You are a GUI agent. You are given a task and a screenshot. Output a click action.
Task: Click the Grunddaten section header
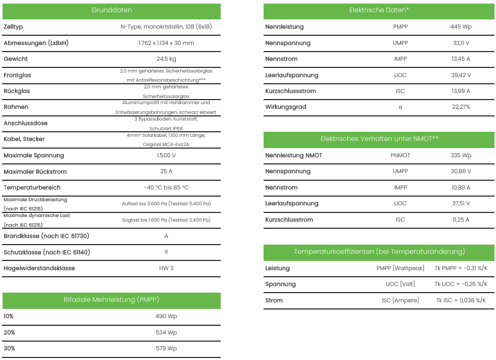point(111,10)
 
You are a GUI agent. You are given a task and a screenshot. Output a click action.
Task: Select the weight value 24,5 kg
point(166,59)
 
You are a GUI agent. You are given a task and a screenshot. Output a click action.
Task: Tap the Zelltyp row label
point(13,27)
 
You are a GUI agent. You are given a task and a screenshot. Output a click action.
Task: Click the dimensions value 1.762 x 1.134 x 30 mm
point(166,43)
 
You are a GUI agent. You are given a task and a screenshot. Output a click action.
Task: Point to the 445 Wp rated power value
point(461,27)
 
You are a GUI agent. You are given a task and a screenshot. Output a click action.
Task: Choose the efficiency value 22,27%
point(461,107)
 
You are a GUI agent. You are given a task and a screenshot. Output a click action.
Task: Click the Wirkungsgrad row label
point(286,107)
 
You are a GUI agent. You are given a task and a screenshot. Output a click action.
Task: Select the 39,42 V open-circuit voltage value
point(461,75)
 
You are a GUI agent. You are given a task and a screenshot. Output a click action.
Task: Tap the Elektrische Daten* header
point(379,10)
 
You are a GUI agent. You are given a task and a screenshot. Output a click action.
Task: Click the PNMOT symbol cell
point(400,155)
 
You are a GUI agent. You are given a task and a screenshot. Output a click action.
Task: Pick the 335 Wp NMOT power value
point(461,155)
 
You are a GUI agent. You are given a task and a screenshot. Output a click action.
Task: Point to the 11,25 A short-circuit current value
point(461,220)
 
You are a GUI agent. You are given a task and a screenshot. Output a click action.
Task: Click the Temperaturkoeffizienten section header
point(379,252)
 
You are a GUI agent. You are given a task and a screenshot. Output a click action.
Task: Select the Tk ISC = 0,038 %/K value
point(461,300)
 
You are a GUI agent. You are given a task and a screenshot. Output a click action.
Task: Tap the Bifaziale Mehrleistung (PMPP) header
point(111,300)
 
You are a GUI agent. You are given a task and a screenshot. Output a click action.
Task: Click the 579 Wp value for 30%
point(166,349)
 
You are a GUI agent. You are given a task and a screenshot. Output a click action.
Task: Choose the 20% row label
point(9,332)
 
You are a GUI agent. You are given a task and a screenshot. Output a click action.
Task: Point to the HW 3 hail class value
point(166,268)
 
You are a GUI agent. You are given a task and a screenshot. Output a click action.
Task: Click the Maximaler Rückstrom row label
point(35,172)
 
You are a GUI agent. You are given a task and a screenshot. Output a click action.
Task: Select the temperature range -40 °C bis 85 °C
point(166,187)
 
